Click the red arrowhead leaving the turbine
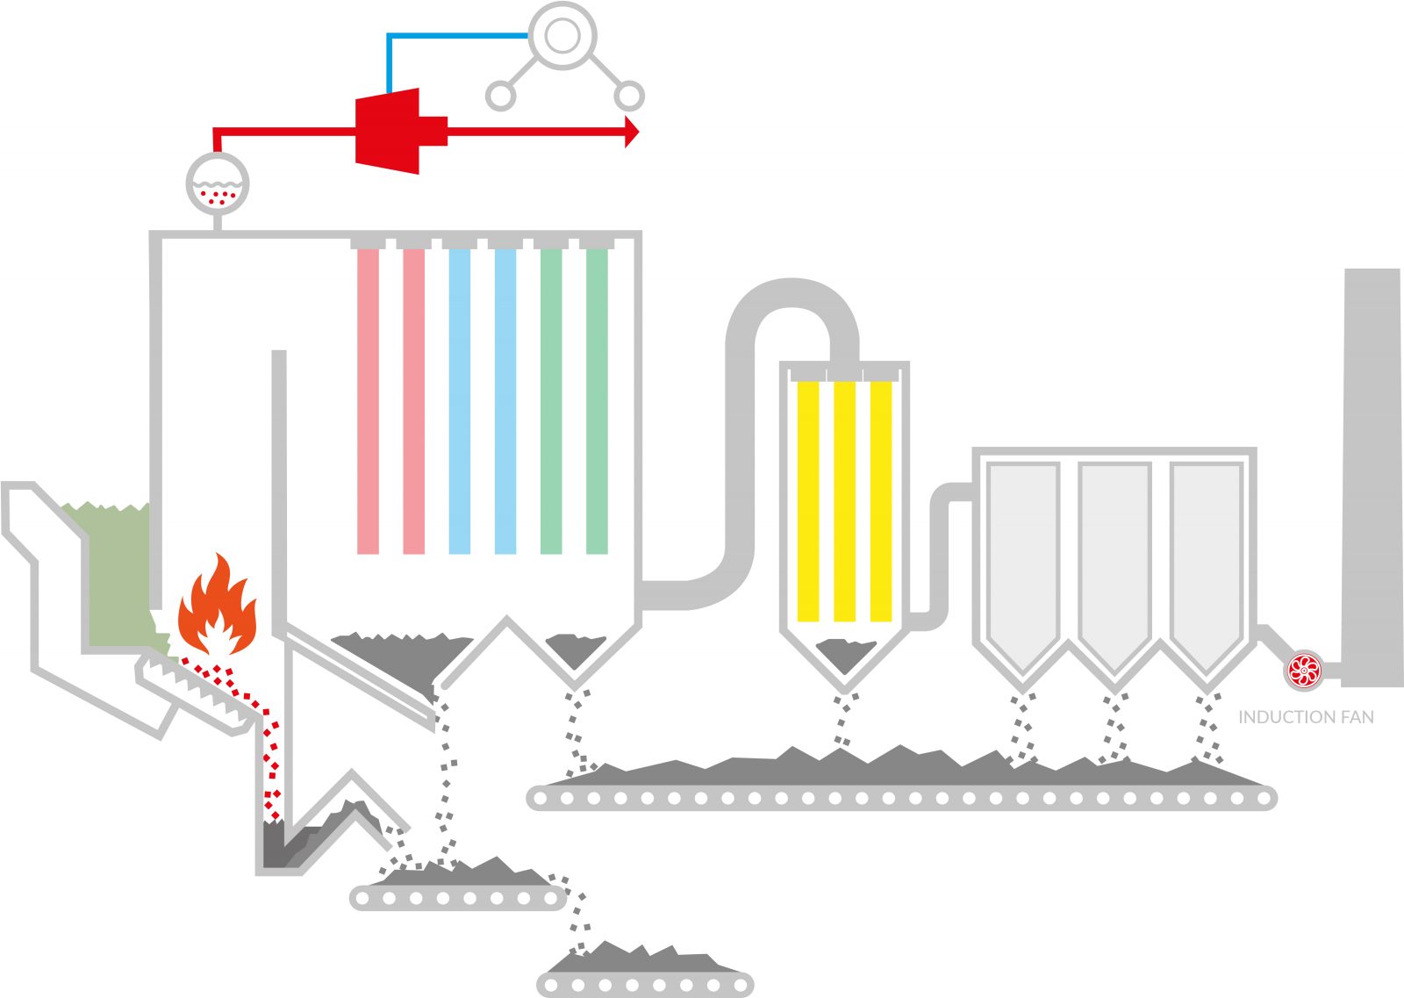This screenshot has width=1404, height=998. tap(631, 132)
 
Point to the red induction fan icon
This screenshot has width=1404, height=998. tap(1304, 671)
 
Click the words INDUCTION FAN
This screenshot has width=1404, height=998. tap(1306, 717)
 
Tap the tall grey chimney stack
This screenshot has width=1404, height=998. tap(1372, 474)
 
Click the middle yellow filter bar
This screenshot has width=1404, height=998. tap(844, 500)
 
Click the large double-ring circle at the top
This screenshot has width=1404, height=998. tap(562, 36)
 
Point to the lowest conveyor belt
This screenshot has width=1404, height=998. tap(645, 984)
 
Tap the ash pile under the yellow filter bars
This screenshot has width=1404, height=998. tap(844, 654)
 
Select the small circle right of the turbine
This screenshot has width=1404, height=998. tap(629, 96)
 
